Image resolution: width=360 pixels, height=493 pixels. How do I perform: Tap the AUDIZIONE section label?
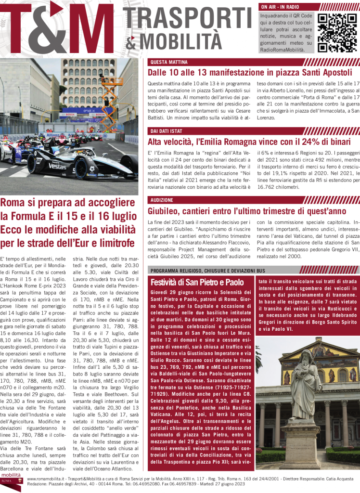click(162, 200)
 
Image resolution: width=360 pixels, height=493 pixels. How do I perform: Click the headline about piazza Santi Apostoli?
click(250, 73)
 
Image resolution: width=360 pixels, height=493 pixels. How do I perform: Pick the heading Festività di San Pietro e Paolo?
click(197, 282)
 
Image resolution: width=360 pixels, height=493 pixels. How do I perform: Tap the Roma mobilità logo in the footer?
click(12, 481)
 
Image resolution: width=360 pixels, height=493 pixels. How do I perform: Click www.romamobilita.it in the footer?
click(49, 479)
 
